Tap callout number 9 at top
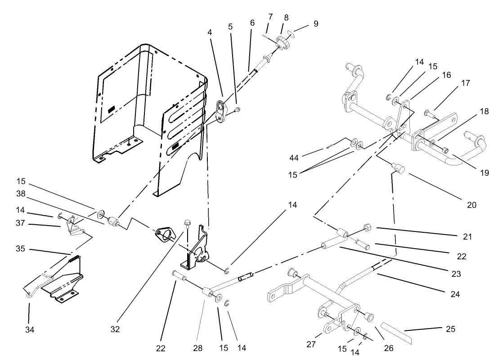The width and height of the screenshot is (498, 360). pos(316,24)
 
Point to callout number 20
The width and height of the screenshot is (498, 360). pos(471,205)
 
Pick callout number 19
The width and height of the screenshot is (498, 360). pos(484,173)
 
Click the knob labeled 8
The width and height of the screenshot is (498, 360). pos(283,43)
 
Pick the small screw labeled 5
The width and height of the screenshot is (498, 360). pos(238,109)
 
